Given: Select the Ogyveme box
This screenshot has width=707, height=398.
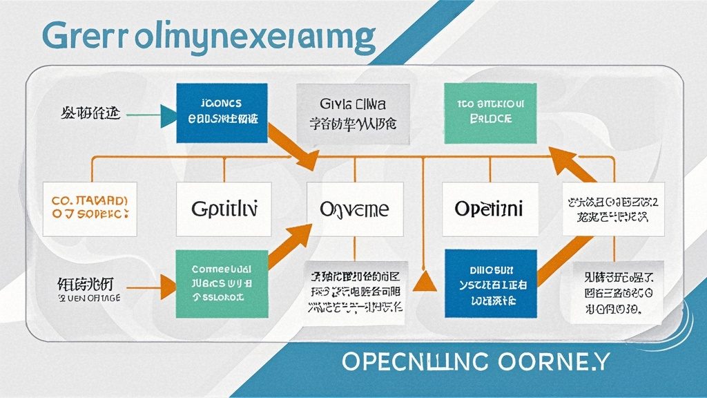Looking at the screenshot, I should click(x=355, y=208).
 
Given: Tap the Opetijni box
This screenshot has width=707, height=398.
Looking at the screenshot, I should click(x=489, y=208).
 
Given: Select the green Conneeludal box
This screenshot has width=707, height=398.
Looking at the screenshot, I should click(x=222, y=283).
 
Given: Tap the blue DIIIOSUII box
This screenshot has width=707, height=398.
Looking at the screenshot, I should click(x=490, y=283).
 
